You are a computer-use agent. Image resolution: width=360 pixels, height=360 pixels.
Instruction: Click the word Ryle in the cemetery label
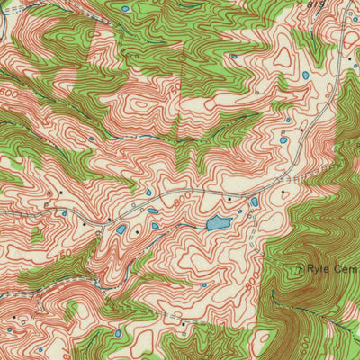(x=316, y=268)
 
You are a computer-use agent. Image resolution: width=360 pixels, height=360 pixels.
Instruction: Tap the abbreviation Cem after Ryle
(x=344, y=268)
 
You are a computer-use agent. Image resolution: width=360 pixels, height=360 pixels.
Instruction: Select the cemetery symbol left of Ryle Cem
(x=299, y=268)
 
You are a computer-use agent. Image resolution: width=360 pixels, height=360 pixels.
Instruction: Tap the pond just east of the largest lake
(x=255, y=202)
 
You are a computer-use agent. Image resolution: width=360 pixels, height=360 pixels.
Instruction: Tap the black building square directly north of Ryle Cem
(x=287, y=192)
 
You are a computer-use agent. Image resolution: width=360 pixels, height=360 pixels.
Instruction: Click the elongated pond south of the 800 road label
(x=153, y=211)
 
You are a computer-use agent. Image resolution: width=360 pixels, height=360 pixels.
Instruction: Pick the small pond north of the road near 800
(x=148, y=193)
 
